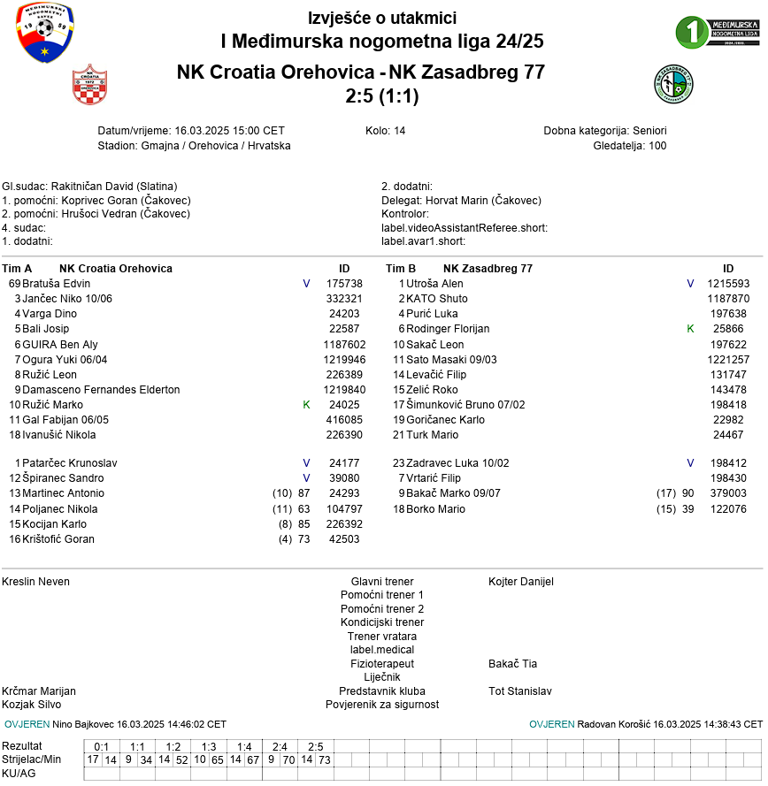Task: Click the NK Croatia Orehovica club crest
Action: (x=89, y=85)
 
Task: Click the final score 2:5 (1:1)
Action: (x=382, y=95)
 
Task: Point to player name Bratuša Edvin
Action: (x=57, y=284)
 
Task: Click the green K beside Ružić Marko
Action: (x=306, y=405)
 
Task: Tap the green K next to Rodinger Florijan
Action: (x=690, y=329)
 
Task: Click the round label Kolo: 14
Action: (x=385, y=131)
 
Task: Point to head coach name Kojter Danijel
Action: (x=521, y=582)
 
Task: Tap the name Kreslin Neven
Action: (x=35, y=582)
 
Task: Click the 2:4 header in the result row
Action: (x=280, y=747)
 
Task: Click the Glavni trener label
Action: (x=382, y=582)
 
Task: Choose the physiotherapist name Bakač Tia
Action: (x=512, y=664)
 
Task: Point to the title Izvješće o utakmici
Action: (x=382, y=19)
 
